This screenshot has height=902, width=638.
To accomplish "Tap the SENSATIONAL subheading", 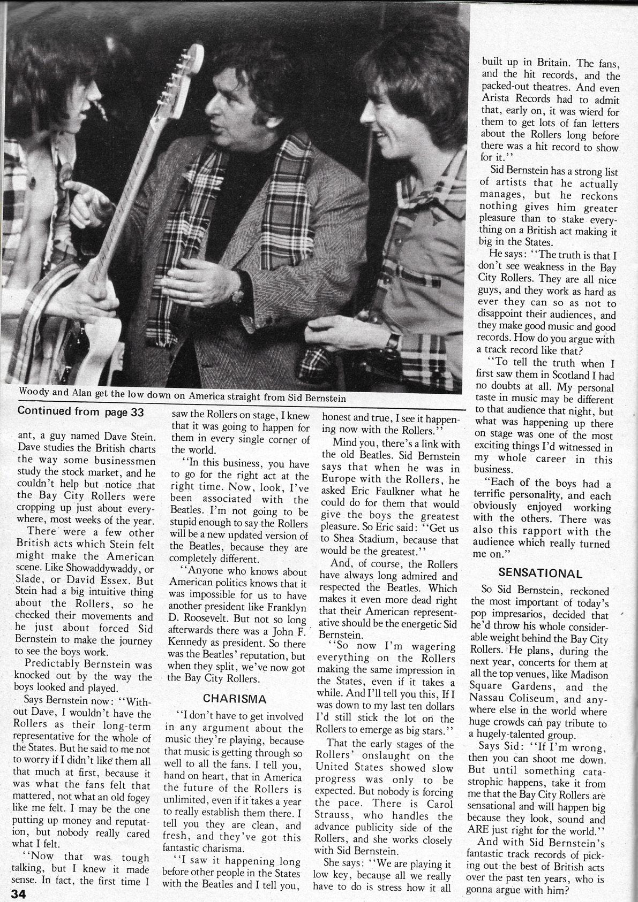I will point(540,572).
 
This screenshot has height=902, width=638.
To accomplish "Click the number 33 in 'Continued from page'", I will point(139,411).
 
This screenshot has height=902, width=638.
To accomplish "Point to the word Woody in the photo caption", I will point(34,391).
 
